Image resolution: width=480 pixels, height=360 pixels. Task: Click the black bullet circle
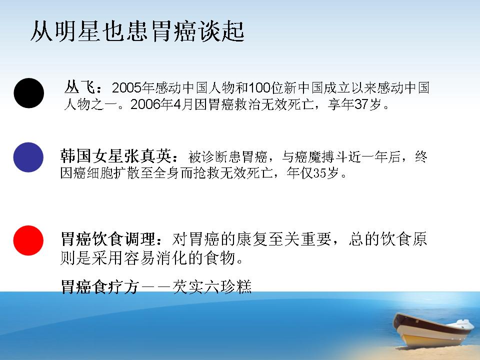coord(29,93)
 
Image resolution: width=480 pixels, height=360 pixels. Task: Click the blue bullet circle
coord(28,157)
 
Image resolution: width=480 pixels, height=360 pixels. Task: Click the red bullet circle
coord(28,240)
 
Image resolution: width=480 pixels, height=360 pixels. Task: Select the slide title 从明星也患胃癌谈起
coord(137,31)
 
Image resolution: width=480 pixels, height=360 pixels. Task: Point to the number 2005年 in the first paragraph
coord(133,88)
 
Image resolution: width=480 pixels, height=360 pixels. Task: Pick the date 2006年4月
coord(161,104)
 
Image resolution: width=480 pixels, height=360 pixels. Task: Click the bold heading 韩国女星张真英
coord(115,156)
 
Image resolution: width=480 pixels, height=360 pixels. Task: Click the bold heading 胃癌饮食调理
coord(108,239)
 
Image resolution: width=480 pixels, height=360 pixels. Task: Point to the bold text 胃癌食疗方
coord(100,287)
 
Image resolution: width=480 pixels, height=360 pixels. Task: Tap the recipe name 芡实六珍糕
coord(212,287)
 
